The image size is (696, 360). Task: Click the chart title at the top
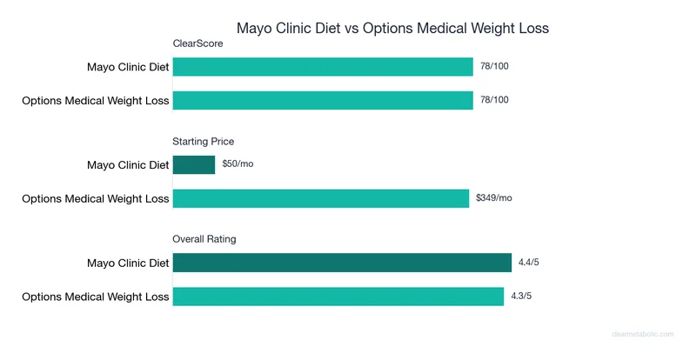click(x=392, y=28)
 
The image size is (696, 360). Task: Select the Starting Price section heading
click(x=204, y=141)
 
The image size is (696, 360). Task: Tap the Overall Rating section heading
click(x=204, y=238)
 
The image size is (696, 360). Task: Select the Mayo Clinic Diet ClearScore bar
click(x=323, y=67)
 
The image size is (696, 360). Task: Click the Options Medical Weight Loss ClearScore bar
click(x=323, y=100)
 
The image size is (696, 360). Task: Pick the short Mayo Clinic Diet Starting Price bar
click(x=194, y=164)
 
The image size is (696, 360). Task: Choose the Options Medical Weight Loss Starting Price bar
click(x=321, y=198)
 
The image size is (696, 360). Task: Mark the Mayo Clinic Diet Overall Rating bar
click(x=342, y=263)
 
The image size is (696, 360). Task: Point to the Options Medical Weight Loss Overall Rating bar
click(x=338, y=296)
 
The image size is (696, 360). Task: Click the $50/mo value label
click(x=238, y=164)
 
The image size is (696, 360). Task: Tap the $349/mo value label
click(x=494, y=198)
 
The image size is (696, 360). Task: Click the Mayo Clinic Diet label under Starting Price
click(x=128, y=164)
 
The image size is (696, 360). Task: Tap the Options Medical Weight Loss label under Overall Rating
click(x=96, y=296)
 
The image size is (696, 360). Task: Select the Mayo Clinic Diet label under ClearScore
click(x=128, y=67)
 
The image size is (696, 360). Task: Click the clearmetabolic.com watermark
click(x=648, y=333)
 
